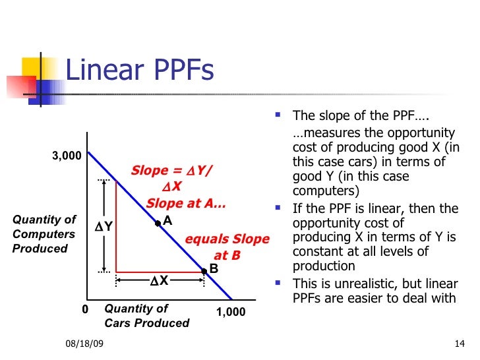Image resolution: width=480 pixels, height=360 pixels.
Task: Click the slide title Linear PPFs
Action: click(140, 71)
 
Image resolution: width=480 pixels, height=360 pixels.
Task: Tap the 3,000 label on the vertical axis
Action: click(67, 156)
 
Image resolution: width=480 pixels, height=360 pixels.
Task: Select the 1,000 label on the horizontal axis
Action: click(231, 312)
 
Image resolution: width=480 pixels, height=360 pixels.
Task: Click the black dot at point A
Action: click(158, 224)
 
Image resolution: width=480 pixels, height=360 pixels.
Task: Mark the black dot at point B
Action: click(203, 270)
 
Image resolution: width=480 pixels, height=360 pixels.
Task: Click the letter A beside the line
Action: click(167, 221)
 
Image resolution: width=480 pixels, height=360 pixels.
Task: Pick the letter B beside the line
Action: click(214, 269)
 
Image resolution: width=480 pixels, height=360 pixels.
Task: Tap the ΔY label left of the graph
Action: click(104, 226)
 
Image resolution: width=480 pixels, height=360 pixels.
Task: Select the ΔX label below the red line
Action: click(159, 281)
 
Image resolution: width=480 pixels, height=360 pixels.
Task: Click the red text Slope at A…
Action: click(186, 204)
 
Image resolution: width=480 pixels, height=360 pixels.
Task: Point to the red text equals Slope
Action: click(227, 239)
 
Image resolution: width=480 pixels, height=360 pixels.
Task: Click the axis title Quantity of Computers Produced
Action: click(44, 234)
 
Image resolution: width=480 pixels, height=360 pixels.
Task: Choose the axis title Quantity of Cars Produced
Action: click(146, 315)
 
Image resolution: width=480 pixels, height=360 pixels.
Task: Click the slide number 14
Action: click(460, 345)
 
